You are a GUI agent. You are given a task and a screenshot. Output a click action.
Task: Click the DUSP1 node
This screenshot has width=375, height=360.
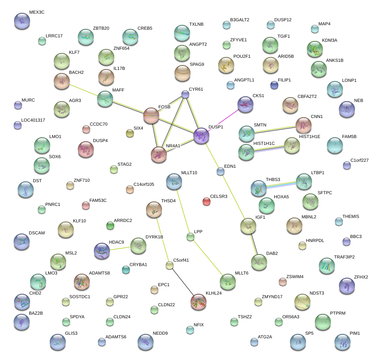[201, 136]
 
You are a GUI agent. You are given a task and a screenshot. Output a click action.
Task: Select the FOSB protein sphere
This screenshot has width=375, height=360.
[151, 115]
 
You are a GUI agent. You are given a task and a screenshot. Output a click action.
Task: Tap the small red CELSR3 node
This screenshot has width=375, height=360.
[206, 201]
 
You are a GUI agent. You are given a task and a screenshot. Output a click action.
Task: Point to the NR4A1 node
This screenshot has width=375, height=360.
[159, 155]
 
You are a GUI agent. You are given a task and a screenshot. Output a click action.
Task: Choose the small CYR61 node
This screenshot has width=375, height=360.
[185, 94]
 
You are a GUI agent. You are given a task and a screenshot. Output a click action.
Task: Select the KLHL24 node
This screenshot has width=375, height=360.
[199, 301]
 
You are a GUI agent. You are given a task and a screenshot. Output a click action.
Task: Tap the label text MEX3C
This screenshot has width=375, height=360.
[37, 12]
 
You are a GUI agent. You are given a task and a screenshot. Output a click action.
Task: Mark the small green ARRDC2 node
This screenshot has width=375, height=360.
[110, 226]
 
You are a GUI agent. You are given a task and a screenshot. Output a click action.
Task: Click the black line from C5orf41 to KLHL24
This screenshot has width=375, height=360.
[183, 283]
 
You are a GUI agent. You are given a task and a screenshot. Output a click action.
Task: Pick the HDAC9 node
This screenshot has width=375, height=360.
[101, 251]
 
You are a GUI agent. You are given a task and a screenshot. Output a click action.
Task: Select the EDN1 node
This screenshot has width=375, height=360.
[220, 171]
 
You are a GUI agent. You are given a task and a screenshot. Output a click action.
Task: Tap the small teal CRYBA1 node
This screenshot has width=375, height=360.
[126, 270]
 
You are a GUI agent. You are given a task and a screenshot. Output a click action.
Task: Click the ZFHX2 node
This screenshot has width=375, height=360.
[347, 286]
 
